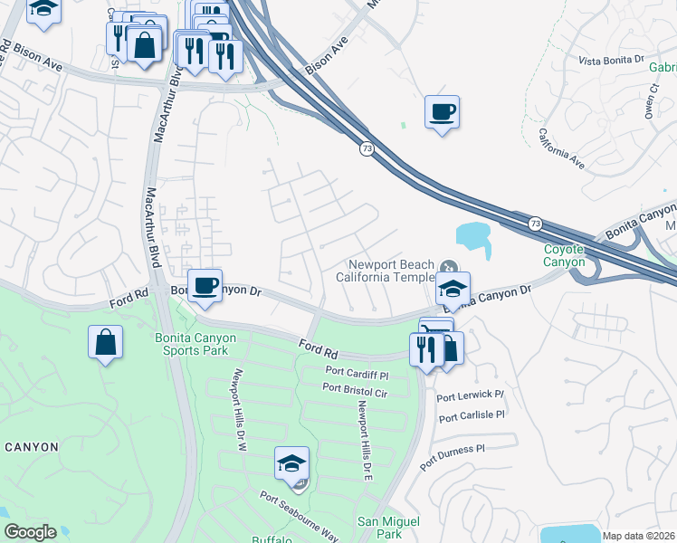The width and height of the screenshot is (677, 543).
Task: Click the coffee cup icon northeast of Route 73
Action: point(441,113)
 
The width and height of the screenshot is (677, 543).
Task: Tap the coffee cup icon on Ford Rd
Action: point(205,286)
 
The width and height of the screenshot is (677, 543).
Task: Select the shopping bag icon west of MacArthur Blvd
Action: point(106,343)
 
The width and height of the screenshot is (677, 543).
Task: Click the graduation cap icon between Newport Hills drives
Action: point(291,464)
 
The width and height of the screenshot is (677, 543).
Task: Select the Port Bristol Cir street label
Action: point(355,388)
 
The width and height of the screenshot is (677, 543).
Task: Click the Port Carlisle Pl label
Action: point(471,415)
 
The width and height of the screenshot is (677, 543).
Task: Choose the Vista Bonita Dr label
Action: point(610,60)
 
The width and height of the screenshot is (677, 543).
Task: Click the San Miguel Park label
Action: point(388,528)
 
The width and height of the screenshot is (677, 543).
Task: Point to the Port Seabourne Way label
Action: point(298,517)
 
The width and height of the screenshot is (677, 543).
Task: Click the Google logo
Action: point(30,532)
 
